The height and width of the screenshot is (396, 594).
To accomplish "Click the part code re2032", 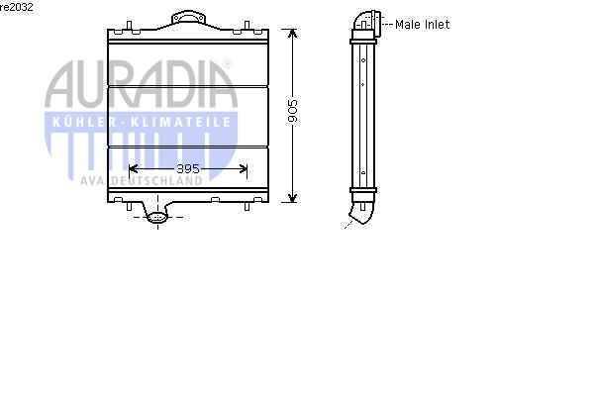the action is pyautogui.click(x=17, y=7).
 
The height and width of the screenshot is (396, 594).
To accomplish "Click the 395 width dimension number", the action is pyautogui.click(x=188, y=168).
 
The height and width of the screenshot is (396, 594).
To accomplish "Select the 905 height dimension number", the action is pyautogui.click(x=292, y=111).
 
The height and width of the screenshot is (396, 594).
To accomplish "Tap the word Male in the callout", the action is pyautogui.click(x=408, y=24).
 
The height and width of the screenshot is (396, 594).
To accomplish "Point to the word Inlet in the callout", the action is pyautogui.click(x=437, y=24).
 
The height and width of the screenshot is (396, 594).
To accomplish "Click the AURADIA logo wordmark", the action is pyautogui.click(x=141, y=84).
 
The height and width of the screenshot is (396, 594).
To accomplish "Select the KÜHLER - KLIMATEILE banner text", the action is pyautogui.click(x=142, y=122).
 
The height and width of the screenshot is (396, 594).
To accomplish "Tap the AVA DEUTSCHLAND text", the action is pyautogui.click(x=142, y=181).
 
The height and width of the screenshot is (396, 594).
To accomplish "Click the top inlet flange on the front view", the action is pyautogui.click(x=189, y=17).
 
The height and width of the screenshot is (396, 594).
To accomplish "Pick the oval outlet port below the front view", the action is pyautogui.click(x=157, y=218).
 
